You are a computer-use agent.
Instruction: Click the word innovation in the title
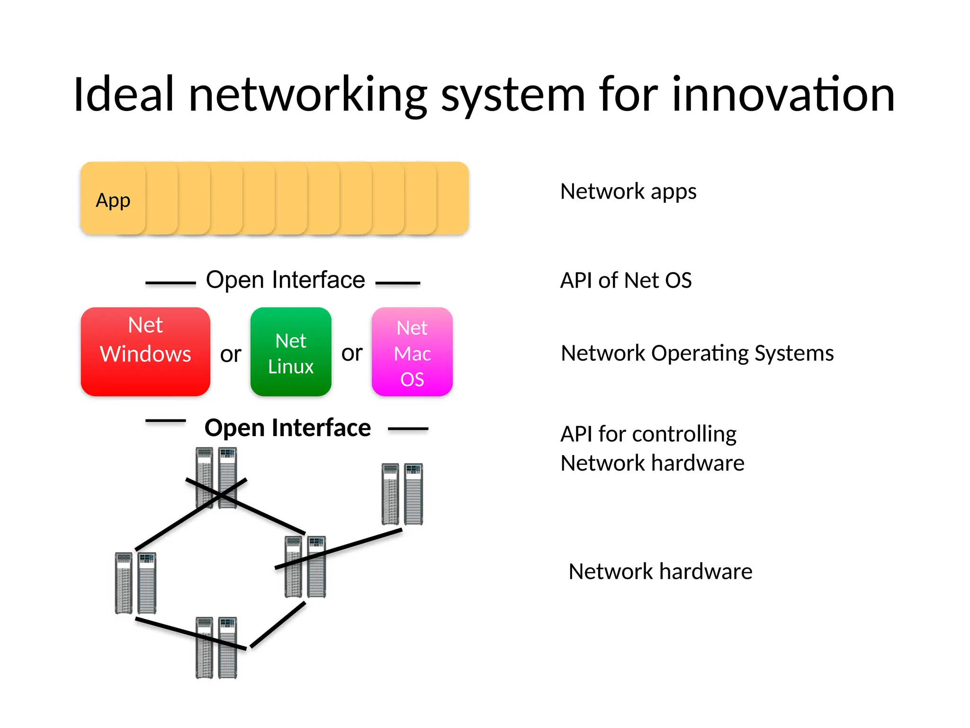[x=783, y=95]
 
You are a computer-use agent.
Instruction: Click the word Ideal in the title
[x=124, y=95]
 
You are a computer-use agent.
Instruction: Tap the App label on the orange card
[x=113, y=200]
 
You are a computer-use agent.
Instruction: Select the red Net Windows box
[x=145, y=351]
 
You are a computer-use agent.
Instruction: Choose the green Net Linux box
[x=291, y=352]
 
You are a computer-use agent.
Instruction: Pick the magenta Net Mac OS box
[x=412, y=352]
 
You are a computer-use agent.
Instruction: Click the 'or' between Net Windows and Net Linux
[x=231, y=355]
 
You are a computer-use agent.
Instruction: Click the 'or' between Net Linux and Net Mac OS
[x=352, y=353]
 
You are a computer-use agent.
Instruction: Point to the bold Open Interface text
[x=287, y=428]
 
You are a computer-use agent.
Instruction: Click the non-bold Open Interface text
[x=286, y=280]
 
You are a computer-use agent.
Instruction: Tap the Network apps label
[x=628, y=192]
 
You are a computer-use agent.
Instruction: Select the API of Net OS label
[x=626, y=280]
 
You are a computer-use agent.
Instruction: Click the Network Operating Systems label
[x=697, y=354]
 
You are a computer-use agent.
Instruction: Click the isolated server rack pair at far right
[x=402, y=494]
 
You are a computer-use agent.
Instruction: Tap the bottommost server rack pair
[x=216, y=647]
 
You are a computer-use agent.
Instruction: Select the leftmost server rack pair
[x=135, y=583]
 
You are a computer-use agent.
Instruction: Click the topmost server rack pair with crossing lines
[x=216, y=478]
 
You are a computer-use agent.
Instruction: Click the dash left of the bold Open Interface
[x=165, y=420]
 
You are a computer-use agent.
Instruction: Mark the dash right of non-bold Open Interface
[x=398, y=283]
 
